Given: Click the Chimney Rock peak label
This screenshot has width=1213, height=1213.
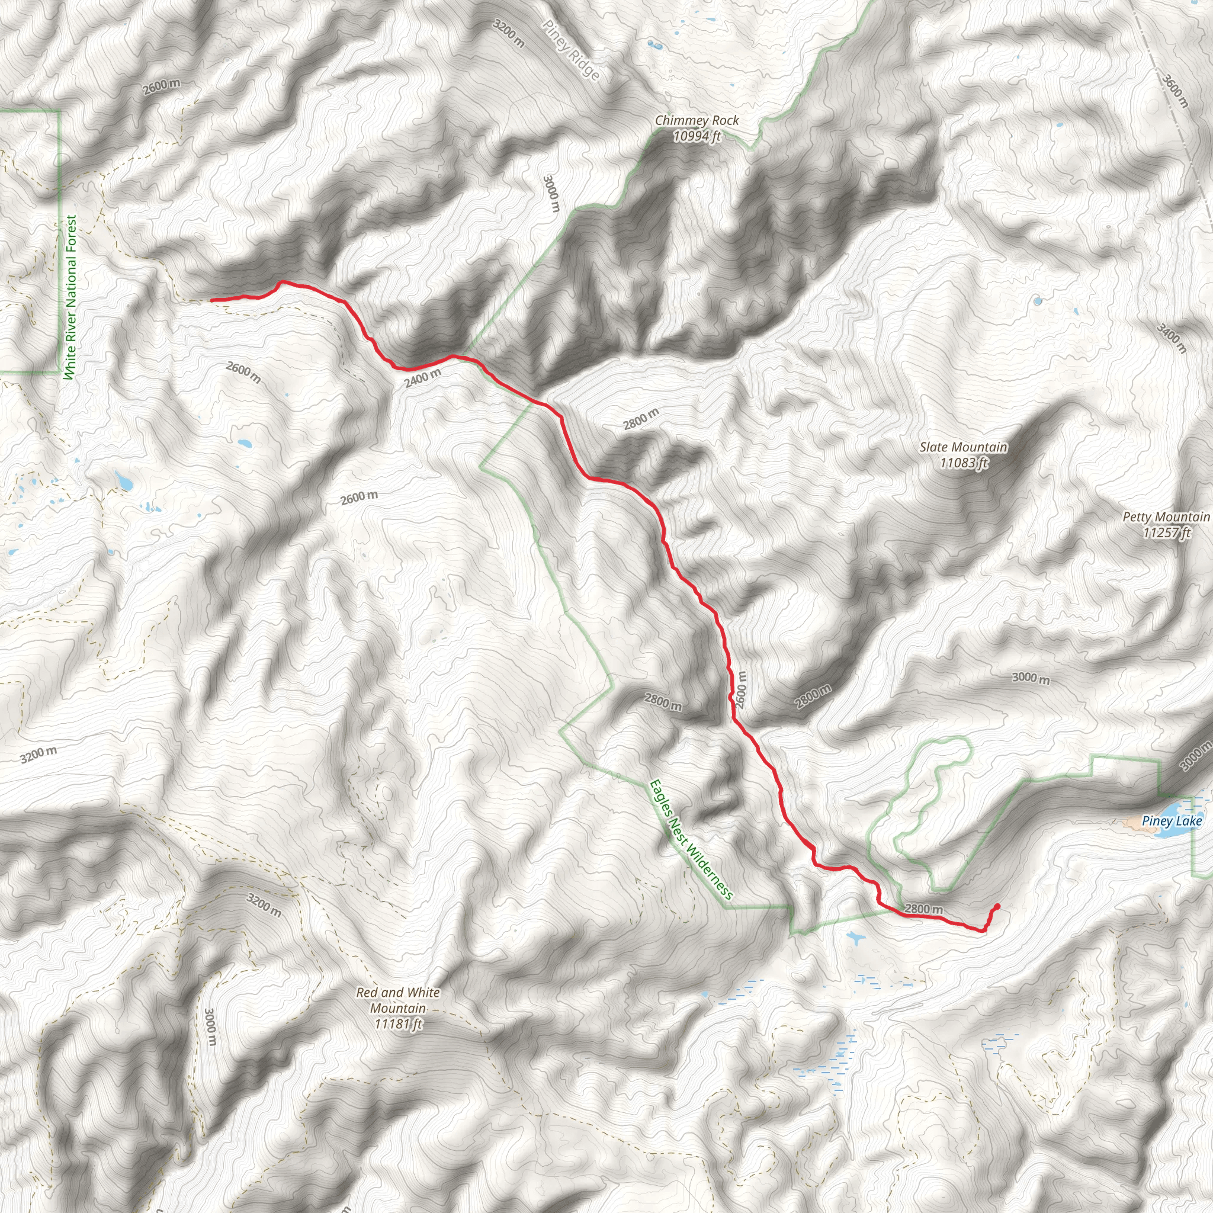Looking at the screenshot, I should [x=697, y=120].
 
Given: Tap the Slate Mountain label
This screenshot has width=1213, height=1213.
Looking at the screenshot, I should [x=963, y=447].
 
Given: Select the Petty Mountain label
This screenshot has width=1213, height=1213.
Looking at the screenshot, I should [x=1166, y=516].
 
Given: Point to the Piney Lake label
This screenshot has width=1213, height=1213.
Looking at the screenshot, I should [x=1172, y=820].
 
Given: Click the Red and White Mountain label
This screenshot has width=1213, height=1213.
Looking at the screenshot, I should [x=398, y=1000].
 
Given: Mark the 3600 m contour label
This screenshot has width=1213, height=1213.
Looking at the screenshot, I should [x=1175, y=91].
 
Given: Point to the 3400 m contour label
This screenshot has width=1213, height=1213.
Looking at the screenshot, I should [x=1172, y=338].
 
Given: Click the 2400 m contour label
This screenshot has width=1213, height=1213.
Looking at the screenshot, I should [x=422, y=378].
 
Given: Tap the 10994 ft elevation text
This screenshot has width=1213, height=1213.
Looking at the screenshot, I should [x=697, y=136].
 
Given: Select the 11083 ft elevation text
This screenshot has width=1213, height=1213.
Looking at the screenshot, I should [x=963, y=463].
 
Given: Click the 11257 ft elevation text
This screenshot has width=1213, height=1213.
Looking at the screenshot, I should [x=1166, y=532].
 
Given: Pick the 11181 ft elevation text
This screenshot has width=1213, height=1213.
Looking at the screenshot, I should [x=398, y=1024].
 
